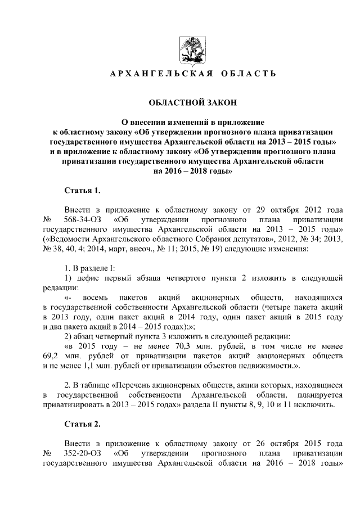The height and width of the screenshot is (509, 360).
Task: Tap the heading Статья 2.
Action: coord(83,424)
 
